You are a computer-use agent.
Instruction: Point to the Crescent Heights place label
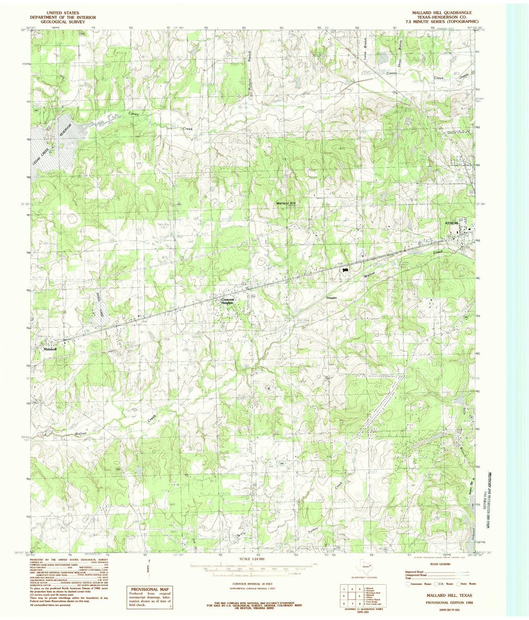(x=227, y=301)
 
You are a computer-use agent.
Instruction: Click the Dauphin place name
(x=332, y=298)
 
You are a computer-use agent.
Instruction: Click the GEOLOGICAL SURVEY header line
(x=63, y=22)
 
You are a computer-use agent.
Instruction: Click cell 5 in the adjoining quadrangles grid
(x=351, y=595)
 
